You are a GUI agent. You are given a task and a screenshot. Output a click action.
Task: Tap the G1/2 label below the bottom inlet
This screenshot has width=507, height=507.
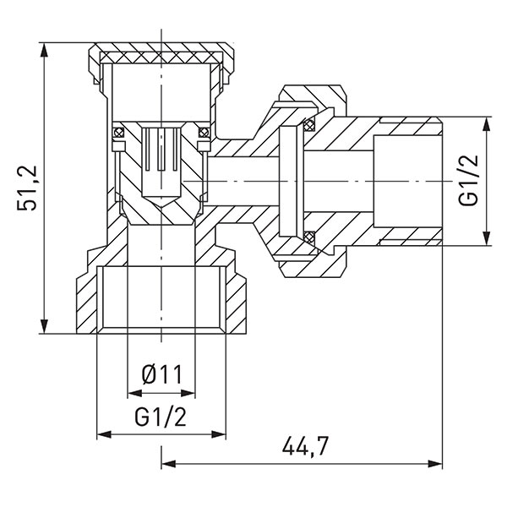coord(161,417)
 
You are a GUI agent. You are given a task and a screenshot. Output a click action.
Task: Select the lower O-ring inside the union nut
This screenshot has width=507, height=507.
coord(309,238)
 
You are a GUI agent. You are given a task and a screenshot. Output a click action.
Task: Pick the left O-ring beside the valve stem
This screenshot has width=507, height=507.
coord(120,132)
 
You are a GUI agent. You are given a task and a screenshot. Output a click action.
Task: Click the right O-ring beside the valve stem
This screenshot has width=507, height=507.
coord(203,132)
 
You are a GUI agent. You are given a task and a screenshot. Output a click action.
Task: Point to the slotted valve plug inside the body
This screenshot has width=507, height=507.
coord(161,165)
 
